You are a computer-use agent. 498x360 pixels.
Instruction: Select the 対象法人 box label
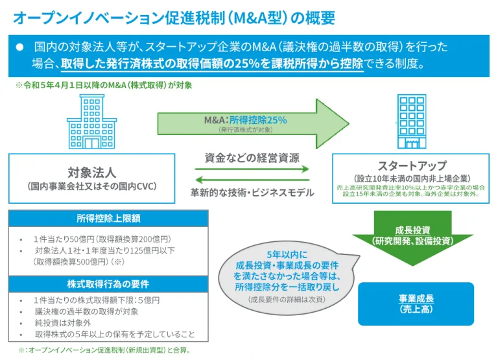[91, 173]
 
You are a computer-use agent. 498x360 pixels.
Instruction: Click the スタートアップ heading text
[412, 165]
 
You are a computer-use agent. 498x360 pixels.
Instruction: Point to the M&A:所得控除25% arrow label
[245, 120]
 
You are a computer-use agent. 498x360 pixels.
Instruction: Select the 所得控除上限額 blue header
[108, 219]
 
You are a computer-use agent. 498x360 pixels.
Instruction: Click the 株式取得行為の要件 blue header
[108, 285]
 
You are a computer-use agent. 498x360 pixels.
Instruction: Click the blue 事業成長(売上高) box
[416, 304]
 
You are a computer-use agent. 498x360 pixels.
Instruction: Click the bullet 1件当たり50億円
[97, 238]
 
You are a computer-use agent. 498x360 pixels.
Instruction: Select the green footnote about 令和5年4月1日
[103, 85]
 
